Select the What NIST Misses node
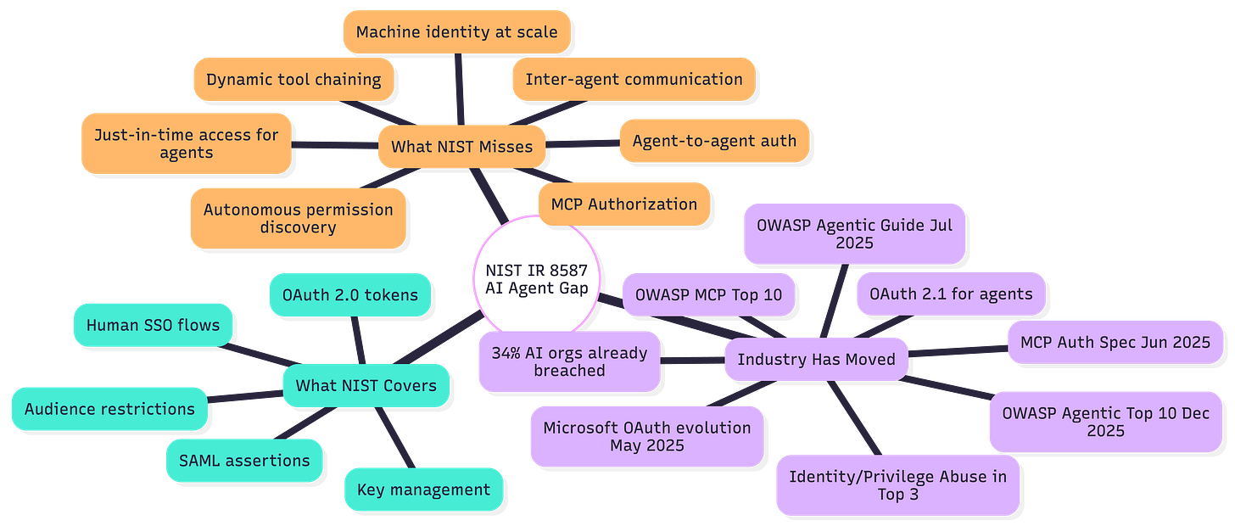click(x=461, y=146)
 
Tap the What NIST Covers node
click(x=366, y=385)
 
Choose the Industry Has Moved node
click(x=816, y=359)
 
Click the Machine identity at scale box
click(x=456, y=32)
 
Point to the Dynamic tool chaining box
click(x=293, y=79)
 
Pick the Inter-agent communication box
click(x=633, y=79)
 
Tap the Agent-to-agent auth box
click(x=714, y=140)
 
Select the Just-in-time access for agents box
click(x=186, y=143)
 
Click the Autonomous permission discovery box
click(x=299, y=217)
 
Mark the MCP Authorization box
click(x=623, y=204)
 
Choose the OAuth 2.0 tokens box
click(x=349, y=294)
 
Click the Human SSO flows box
click(x=153, y=324)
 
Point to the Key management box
click(x=423, y=489)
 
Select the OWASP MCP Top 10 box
click(x=708, y=294)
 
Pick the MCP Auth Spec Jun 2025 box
click(x=1115, y=342)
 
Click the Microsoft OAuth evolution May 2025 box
click(x=646, y=435)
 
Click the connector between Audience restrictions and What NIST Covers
click(x=245, y=396)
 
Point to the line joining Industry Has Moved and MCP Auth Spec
click(x=957, y=350)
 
